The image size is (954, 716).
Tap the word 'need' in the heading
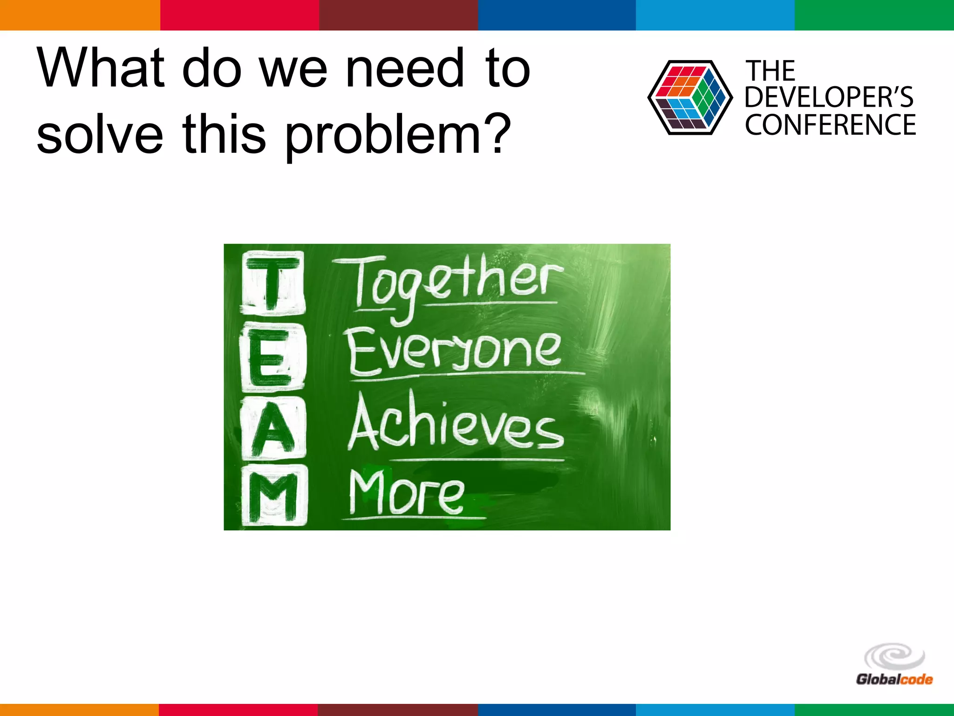[405, 68]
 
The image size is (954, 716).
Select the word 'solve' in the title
[100, 135]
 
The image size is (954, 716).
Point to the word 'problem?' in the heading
[398, 136]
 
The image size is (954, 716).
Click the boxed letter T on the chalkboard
[273, 282]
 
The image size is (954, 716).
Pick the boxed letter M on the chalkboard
[274, 496]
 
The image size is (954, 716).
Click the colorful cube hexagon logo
[689, 98]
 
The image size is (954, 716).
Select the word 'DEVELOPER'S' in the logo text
[829, 97]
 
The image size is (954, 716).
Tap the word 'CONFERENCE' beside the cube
[830, 125]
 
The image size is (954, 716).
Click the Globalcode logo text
[894, 679]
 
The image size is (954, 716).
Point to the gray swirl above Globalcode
[894, 657]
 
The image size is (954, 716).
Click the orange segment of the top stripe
[80, 15]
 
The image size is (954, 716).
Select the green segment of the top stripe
[874, 15]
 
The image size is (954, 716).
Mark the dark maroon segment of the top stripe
[398, 15]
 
